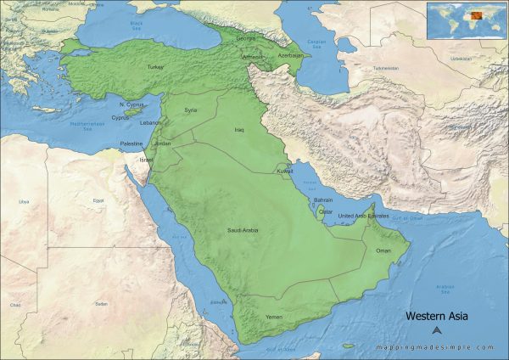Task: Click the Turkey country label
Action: coord(155,67)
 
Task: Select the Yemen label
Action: coord(274,317)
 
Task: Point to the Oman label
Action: coord(384,251)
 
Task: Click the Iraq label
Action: coord(239,130)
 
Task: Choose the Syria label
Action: coord(191,110)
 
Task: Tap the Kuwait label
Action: coord(285,172)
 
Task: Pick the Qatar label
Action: coord(326,211)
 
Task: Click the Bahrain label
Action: coord(323,200)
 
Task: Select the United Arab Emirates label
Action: coord(364,217)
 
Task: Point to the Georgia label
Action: coord(245,38)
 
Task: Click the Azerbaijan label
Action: coord(289,55)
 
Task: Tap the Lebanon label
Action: coord(150,123)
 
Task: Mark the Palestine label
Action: coord(131,144)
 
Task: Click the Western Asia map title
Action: coord(437,317)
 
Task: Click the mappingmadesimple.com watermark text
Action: coord(437,347)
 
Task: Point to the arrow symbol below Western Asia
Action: coord(437,331)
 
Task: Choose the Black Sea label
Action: coord(136,26)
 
